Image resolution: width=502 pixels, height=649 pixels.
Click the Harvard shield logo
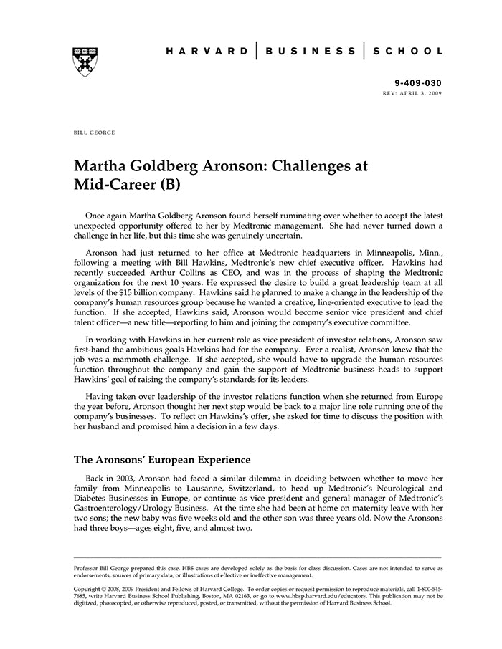click(x=85, y=62)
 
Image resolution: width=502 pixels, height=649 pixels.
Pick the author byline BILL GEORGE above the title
click(x=94, y=133)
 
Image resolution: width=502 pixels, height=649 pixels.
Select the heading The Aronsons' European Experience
click(x=162, y=459)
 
